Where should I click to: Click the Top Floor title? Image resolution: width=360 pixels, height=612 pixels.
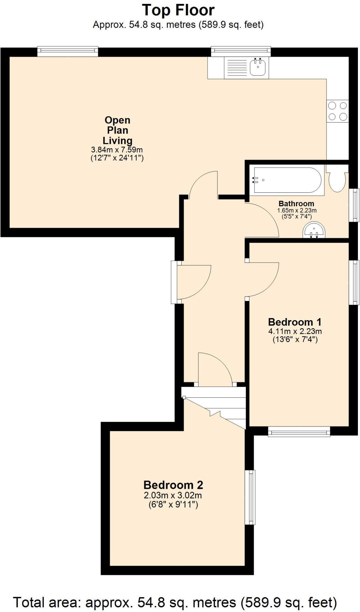tap(178, 10)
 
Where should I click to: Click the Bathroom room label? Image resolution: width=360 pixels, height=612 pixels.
tap(296, 204)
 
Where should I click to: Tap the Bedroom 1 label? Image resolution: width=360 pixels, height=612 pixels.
tap(295, 322)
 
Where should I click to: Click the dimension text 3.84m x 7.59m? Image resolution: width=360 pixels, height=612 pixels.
tap(117, 149)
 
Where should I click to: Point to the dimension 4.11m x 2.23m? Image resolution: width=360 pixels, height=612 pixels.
tap(295, 331)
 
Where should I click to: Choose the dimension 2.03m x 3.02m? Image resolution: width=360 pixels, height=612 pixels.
tap(173, 495)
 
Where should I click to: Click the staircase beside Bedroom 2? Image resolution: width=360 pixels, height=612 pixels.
tap(214, 408)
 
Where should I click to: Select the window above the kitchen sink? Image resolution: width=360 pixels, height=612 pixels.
tap(241, 51)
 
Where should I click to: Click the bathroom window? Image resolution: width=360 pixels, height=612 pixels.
tap(354, 205)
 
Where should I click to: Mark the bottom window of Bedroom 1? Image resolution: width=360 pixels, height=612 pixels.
tap(299, 432)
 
